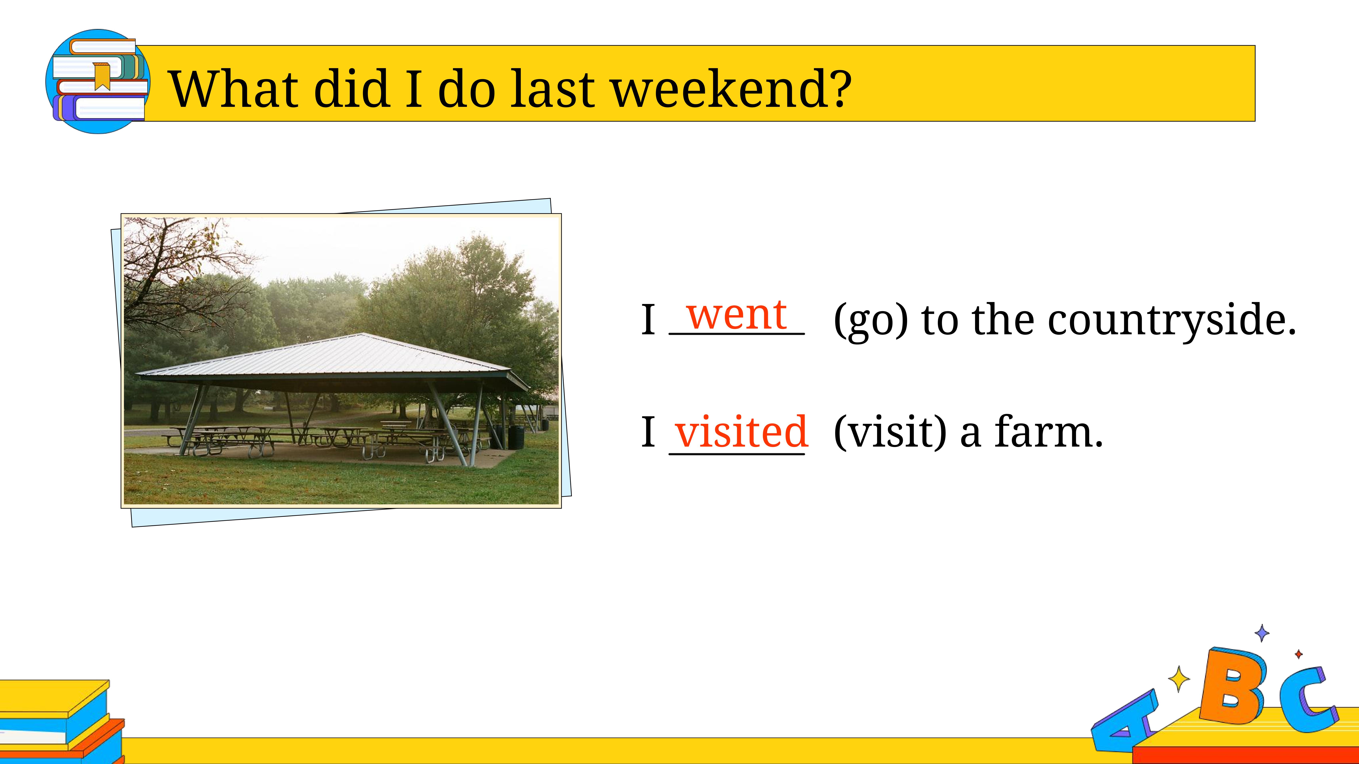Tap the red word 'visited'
coord(741,431)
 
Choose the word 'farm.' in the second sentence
coord(1049,431)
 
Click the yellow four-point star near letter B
coord(1179,679)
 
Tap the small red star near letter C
coord(1299,654)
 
